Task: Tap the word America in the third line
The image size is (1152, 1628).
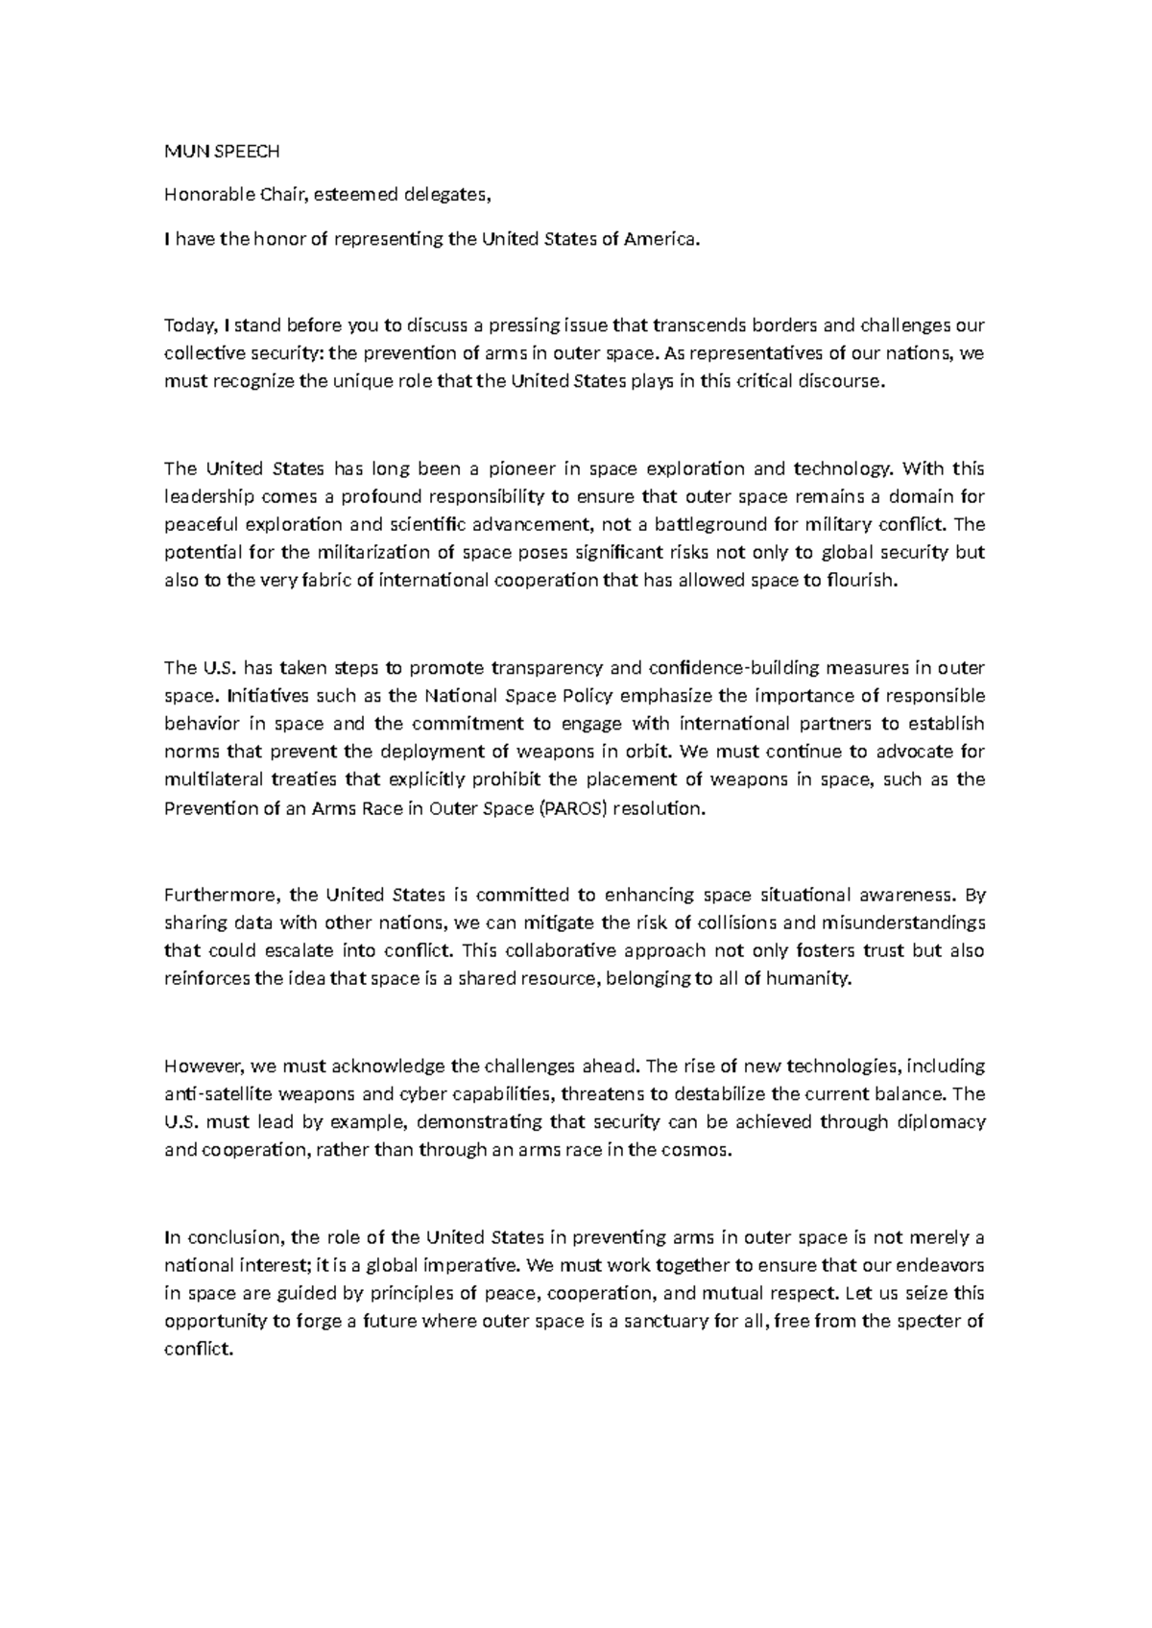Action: [x=657, y=240]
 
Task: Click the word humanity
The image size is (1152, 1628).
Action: [x=815, y=979]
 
